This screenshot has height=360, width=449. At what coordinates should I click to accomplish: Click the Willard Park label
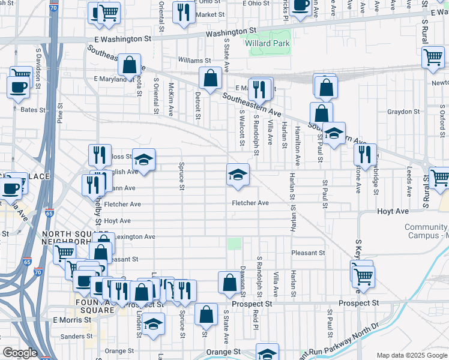coord(267,43)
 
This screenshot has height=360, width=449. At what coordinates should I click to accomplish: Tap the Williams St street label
coord(194,61)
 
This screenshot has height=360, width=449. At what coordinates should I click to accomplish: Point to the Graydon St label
coord(403,112)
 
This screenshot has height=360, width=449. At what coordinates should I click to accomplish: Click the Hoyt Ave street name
coord(393,212)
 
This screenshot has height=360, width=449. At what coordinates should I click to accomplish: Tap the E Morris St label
coord(71,320)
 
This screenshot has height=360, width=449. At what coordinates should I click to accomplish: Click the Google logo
coord(20,353)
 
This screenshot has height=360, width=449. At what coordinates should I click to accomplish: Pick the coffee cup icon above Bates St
coord(18,86)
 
